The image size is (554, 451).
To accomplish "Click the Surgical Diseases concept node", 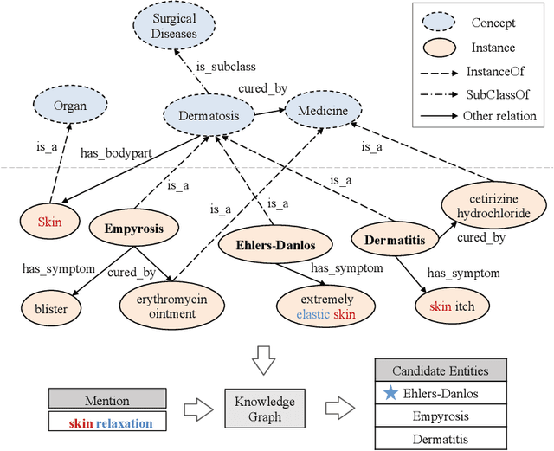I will click(x=175, y=27).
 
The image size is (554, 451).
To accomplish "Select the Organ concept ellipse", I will click(x=70, y=106).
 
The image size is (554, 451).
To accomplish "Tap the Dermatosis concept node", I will click(x=209, y=113).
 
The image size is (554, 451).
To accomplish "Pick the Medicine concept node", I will click(x=322, y=111).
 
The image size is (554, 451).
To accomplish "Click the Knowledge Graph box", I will click(x=265, y=409).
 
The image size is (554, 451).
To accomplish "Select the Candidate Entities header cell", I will click(x=440, y=371).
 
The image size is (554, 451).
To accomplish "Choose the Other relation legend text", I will click(x=499, y=116).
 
